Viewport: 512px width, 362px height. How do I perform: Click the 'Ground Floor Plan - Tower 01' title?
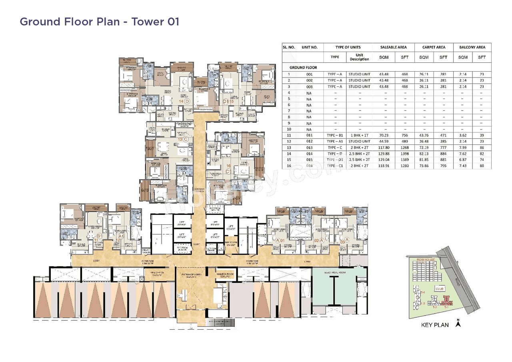(x=99, y=21)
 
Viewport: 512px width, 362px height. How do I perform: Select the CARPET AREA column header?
(x=434, y=47)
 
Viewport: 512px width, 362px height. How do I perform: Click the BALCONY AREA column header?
(x=472, y=47)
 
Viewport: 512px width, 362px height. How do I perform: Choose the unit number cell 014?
(x=309, y=154)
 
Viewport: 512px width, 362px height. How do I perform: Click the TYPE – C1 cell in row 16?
(x=335, y=166)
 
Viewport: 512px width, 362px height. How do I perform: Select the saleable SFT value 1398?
(x=404, y=154)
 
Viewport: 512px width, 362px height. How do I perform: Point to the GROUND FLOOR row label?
(x=303, y=68)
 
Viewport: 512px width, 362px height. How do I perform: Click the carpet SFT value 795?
(x=443, y=166)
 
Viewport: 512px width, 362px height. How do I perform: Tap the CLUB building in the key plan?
(x=440, y=288)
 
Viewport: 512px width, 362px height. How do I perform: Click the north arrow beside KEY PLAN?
(x=458, y=324)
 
